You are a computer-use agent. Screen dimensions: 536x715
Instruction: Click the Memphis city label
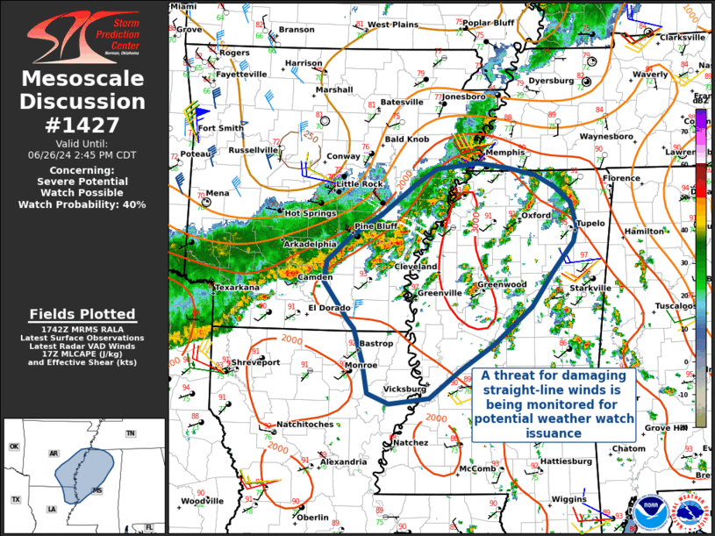[x=504, y=153]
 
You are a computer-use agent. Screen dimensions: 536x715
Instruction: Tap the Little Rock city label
[x=361, y=184]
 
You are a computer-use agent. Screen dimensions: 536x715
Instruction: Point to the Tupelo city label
[x=590, y=224]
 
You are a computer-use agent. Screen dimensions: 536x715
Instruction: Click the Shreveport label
[x=255, y=362]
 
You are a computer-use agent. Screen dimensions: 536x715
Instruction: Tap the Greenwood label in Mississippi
[x=501, y=285]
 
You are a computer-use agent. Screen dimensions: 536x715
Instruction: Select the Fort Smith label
[x=220, y=128]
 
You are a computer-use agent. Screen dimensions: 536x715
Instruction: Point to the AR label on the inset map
[x=54, y=454]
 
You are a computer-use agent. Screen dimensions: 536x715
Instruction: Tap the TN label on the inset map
[x=130, y=434]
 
